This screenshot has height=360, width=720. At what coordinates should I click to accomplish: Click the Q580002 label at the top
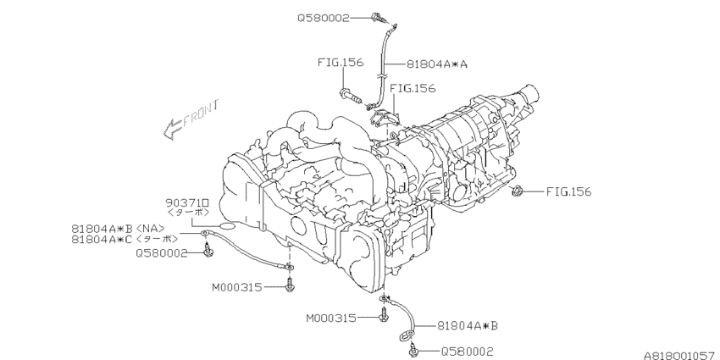tap(324, 18)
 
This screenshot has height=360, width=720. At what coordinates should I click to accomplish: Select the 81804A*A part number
tap(436, 64)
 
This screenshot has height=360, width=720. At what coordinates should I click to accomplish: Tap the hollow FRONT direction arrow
tap(173, 129)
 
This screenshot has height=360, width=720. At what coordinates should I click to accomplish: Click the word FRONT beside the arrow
tap(201, 113)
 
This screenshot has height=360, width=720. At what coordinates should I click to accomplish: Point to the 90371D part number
tap(188, 202)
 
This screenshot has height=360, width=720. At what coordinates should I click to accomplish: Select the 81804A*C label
tap(102, 239)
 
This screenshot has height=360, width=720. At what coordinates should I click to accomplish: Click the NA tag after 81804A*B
tap(150, 228)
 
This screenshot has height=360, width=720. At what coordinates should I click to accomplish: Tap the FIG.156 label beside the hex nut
tap(568, 191)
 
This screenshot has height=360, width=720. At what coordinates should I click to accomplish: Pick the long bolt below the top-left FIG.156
tap(351, 97)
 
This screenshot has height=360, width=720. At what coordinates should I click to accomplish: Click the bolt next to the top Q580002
tap(378, 18)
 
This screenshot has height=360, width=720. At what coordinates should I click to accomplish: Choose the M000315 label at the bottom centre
tap(331, 318)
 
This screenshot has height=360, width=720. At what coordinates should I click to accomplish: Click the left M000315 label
tap(237, 287)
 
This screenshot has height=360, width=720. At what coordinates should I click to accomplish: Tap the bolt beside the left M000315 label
tap(289, 284)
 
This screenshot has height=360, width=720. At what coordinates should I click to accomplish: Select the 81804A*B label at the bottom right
tap(467, 325)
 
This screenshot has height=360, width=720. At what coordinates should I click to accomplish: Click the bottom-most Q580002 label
tap(467, 352)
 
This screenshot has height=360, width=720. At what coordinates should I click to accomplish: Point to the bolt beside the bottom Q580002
tap(413, 351)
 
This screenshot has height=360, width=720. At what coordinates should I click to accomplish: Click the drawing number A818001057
tap(681, 356)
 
